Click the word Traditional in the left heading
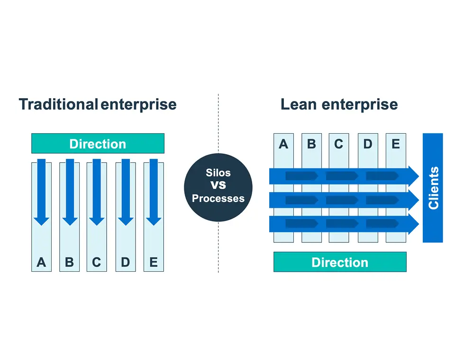tap(58, 104)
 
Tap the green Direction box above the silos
tap(98, 144)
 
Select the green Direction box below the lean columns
tap(340, 262)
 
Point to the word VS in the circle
tap(218, 185)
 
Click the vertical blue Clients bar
tap(433, 188)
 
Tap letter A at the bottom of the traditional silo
tap(41, 262)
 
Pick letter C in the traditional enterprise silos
tap(97, 262)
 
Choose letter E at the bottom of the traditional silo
tap(153, 262)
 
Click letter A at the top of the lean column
tap(283, 144)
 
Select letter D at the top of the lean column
tap(367, 144)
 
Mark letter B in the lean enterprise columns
tap(311, 144)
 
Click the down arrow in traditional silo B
tap(70, 192)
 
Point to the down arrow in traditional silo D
tap(126, 192)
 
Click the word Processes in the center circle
tap(218, 198)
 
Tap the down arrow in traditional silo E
tap(153, 192)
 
